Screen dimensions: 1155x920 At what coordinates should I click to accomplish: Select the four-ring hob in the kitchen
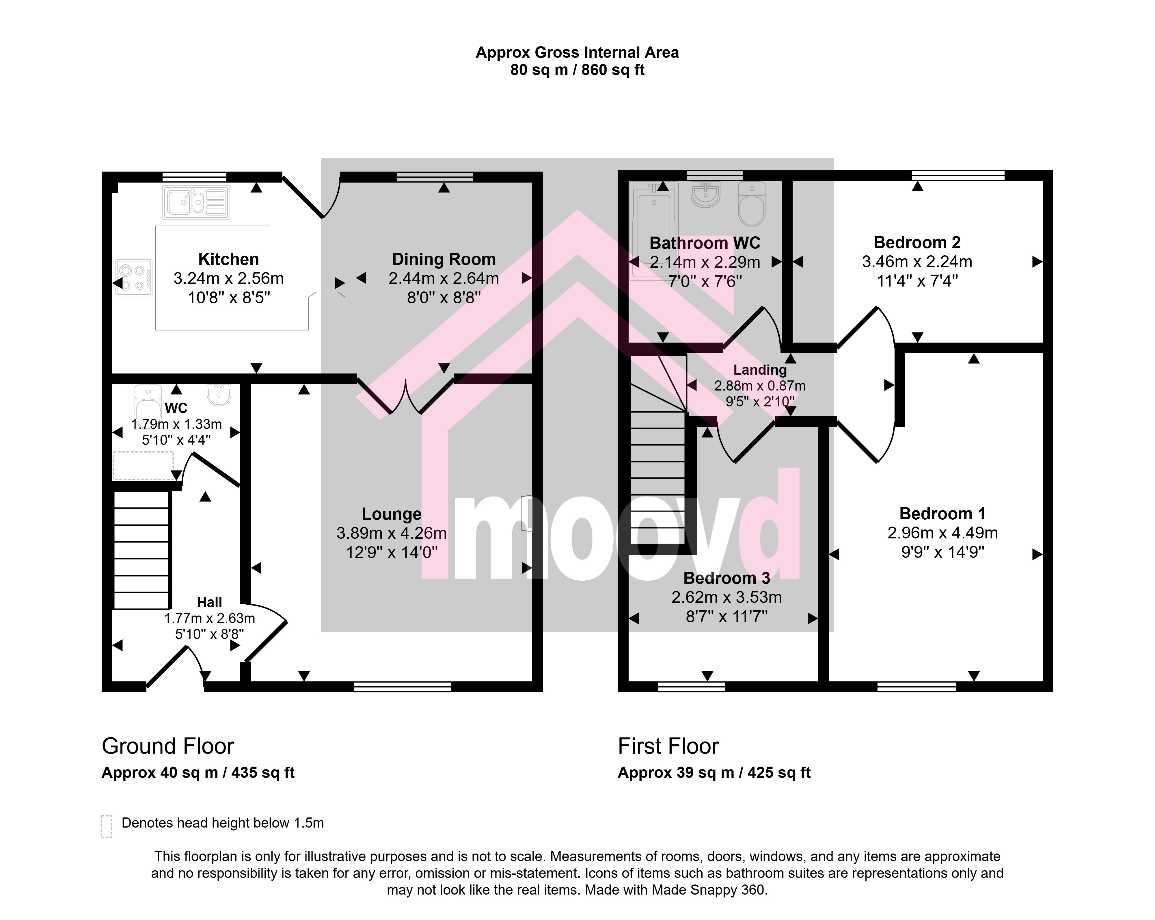pyautogui.click(x=134, y=278)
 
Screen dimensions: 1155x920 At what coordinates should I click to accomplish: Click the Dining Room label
pyautogui.click(x=444, y=259)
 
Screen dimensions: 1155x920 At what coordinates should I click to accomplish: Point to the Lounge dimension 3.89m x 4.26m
pyautogui.click(x=392, y=533)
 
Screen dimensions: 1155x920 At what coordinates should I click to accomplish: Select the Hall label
pyautogui.click(x=209, y=602)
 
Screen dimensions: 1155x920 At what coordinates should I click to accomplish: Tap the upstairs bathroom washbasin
pyautogui.click(x=705, y=194)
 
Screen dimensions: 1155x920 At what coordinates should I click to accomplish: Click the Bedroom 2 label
pyautogui.click(x=917, y=243)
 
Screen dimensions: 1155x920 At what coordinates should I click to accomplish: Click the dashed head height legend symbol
pyautogui.click(x=107, y=826)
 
